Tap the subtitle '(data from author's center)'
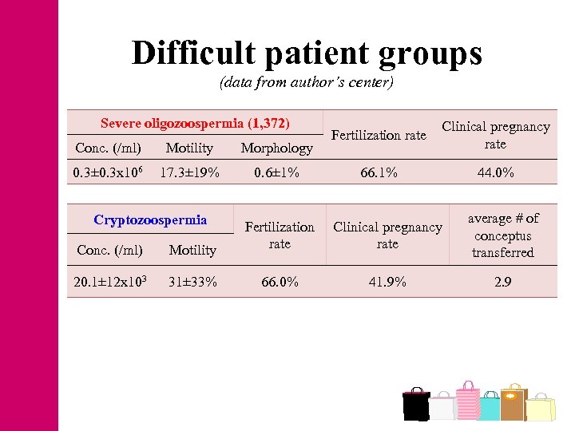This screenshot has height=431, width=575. click(x=307, y=82)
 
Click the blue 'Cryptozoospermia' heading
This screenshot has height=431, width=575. click(x=150, y=219)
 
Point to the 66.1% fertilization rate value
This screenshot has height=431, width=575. click(x=379, y=172)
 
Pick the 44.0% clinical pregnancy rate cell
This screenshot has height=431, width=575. click(x=495, y=172)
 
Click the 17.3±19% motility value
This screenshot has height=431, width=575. click(x=189, y=172)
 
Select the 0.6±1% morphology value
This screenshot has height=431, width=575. click(x=276, y=172)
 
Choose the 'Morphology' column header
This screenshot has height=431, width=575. click(x=276, y=148)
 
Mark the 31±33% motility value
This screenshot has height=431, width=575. click(x=192, y=281)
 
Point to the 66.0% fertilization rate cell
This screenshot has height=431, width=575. click(x=280, y=281)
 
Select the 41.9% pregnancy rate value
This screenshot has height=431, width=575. click(x=387, y=281)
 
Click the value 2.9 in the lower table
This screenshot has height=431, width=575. click(x=502, y=281)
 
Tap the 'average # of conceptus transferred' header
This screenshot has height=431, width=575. click(x=502, y=235)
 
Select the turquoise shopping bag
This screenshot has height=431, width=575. click(x=489, y=407)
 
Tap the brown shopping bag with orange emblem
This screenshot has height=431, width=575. click(x=513, y=403)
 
